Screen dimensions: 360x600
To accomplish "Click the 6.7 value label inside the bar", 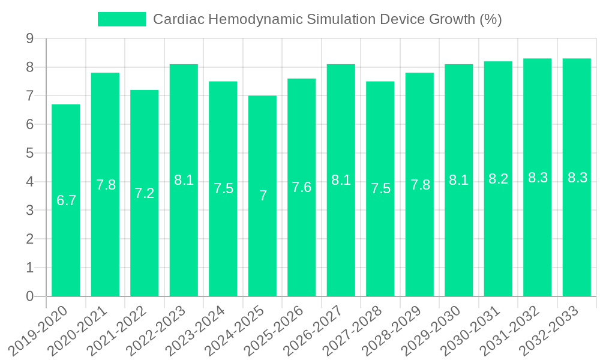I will [x=66, y=200].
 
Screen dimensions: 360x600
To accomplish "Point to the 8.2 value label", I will [x=499, y=179].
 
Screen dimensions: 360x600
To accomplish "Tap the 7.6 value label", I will [x=302, y=187].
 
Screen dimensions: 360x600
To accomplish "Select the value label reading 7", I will [x=263, y=196].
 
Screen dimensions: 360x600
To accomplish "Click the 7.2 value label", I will [x=145, y=193].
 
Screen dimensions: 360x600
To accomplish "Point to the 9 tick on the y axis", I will [x=29, y=39].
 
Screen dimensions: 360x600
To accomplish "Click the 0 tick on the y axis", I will [x=29, y=296].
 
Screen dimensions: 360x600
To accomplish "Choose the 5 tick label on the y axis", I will [x=29, y=153].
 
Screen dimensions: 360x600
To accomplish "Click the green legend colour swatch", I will [x=122, y=19].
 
